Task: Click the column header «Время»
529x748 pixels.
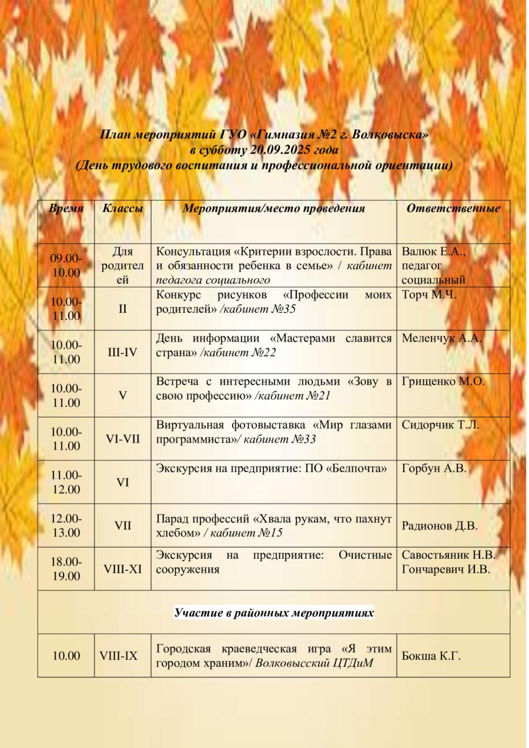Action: click(66, 209)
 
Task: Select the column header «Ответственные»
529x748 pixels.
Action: click(454, 209)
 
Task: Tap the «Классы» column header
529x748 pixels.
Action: click(122, 209)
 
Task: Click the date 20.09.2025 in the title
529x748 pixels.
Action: click(279, 150)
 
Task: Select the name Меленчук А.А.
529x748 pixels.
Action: click(438, 338)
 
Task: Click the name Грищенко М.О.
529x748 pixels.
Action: click(443, 382)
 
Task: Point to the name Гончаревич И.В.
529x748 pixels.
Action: click(446, 569)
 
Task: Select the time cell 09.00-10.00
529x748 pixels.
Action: click(66, 265)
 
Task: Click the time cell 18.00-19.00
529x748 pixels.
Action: click(66, 569)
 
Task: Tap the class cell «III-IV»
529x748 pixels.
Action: click(122, 352)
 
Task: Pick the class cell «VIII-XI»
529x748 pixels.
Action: click(122, 569)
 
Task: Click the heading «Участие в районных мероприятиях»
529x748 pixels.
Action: click(274, 613)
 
